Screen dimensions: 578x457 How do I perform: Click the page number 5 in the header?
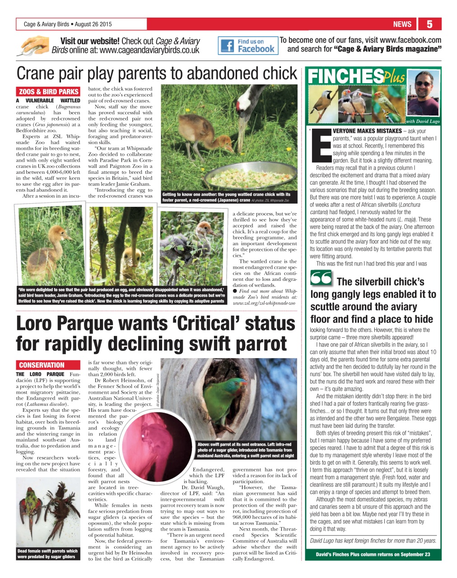[x=429, y=24]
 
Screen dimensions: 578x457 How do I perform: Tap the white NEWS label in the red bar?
[x=402, y=24]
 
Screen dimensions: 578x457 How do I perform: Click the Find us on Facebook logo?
[x=248, y=45]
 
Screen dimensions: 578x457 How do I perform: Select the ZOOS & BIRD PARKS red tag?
[x=49, y=91]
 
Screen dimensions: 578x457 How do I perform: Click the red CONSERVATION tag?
[x=42, y=365]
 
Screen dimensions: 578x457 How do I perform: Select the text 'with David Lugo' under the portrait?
[x=422, y=121]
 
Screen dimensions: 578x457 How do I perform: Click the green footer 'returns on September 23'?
[x=373, y=555]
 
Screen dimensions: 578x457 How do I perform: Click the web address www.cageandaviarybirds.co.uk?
[x=149, y=50]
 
